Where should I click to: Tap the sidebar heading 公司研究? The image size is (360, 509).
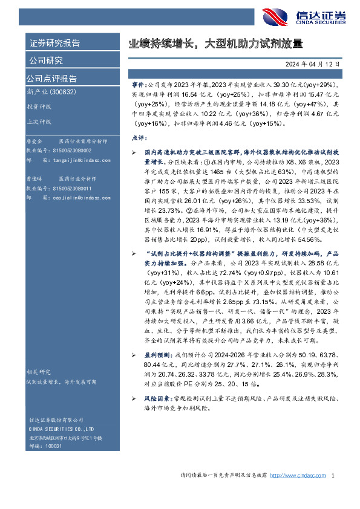click(45, 60)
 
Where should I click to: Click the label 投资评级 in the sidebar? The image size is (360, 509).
click(39, 106)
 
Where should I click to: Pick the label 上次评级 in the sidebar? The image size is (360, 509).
click(39, 121)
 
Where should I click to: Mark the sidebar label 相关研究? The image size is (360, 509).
click(38, 372)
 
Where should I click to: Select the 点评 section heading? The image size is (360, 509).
click(139, 138)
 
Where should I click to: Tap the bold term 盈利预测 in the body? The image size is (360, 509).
click(158, 354)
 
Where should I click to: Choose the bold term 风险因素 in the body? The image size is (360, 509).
click(158, 400)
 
